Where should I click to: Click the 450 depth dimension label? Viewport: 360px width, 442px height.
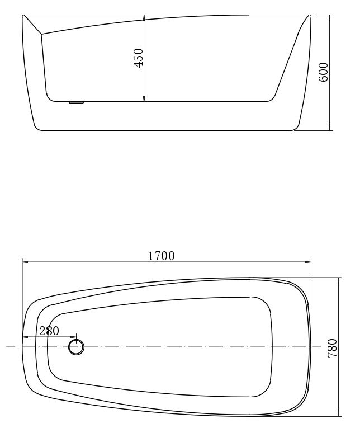139,58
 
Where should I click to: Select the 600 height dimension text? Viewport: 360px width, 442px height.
323,72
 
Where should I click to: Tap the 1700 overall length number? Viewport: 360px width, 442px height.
161,256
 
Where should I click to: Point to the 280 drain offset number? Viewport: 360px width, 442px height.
49,331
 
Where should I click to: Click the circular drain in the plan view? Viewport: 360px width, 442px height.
76,347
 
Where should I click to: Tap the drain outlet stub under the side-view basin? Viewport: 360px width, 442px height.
75,102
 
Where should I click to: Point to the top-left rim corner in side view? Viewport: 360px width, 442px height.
23,15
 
